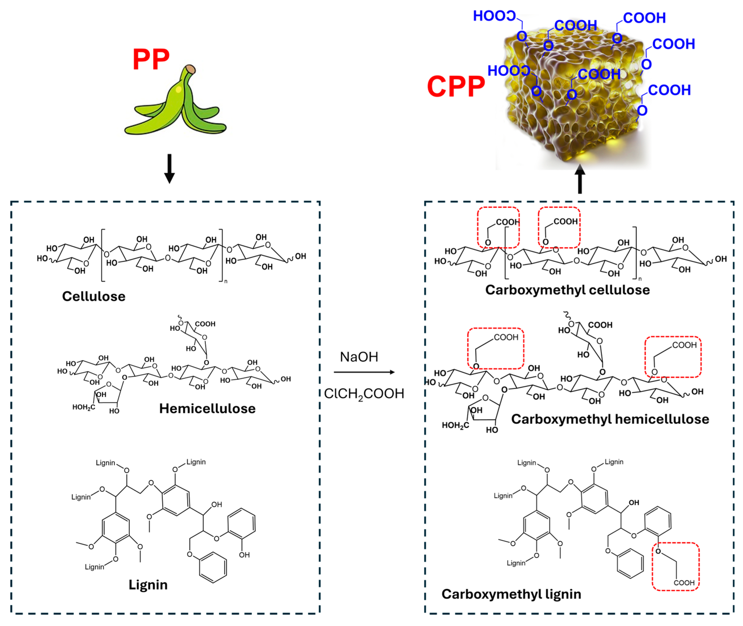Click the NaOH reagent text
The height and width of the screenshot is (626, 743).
(x=359, y=357)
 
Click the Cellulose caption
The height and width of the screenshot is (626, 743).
(x=94, y=296)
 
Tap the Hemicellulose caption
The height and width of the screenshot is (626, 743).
(x=207, y=408)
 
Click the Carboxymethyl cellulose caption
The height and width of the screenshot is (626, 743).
(x=567, y=290)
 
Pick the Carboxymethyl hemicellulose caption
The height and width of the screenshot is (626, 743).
(x=610, y=419)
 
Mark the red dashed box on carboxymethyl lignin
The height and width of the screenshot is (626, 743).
(x=675, y=567)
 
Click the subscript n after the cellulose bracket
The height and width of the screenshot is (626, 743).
(x=226, y=282)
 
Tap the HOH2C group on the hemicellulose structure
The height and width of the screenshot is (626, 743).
(x=84, y=407)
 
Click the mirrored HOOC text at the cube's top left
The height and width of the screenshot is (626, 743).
(x=494, y=16)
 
